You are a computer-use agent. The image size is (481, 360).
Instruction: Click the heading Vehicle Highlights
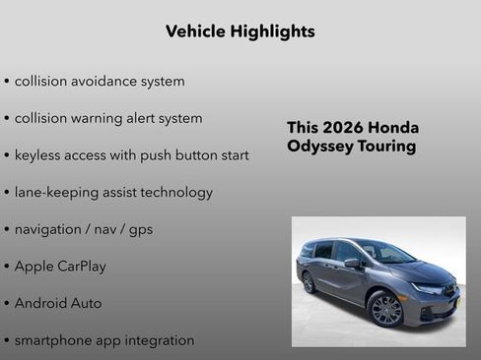point(240,31)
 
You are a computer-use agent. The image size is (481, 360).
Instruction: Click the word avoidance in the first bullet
point(106,81)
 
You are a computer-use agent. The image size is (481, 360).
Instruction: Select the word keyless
point(42,155)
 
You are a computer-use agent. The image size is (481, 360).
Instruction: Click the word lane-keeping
point(55,193)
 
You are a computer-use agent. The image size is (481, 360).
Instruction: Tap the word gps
point(139,230)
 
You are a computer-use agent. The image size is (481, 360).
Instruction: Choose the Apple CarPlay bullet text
point(60,267)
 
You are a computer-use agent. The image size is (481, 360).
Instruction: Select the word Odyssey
point(322,147)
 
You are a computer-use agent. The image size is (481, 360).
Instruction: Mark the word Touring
point(388,147)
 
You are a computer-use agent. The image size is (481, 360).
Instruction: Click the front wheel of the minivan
point(385,310)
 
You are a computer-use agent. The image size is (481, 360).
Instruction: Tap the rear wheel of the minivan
point(309,282)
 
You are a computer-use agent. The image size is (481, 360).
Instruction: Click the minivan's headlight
point(429,288)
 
